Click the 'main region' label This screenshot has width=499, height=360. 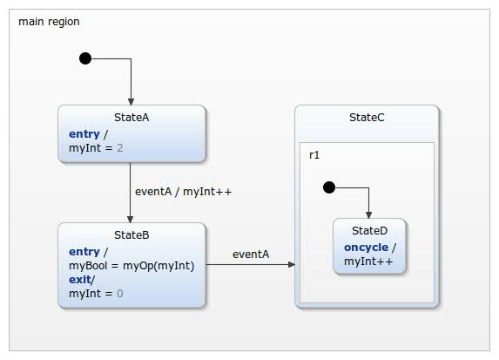[50, 22]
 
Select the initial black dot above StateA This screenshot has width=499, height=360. [85, 58]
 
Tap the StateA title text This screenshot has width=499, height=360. [131, 118]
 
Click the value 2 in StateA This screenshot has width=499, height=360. [120, 148]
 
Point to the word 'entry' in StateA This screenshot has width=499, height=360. [84, 133]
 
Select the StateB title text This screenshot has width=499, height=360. [131, 234]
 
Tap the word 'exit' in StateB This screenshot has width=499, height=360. [81, 280]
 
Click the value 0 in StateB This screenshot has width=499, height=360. [120, 295]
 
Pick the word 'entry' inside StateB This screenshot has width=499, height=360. [84, 250]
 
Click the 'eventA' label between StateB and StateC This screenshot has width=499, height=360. [251, 255]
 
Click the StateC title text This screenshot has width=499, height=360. [366, 118]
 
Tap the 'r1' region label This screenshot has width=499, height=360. [314, 155]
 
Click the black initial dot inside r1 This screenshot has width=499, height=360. [328, 187]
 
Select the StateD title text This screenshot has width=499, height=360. [369, 231]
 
